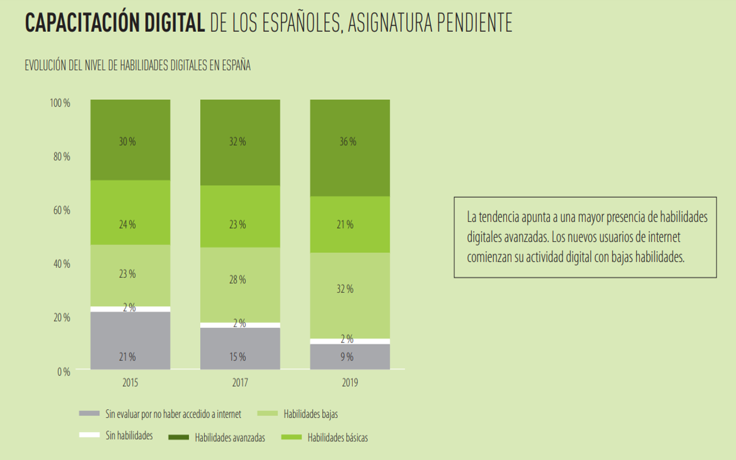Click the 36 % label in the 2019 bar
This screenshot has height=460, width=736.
point(348,142)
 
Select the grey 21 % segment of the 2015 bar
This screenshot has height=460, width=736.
point(130,340)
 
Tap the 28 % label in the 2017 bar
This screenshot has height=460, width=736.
point(238,280)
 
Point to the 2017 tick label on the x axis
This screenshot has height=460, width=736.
point(240,382)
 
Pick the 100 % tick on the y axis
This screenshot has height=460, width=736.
point(60,103)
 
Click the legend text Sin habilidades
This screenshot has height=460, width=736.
point(129,435)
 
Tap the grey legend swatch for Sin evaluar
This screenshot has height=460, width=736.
point(89,413)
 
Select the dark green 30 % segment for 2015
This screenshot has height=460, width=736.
point(130,140)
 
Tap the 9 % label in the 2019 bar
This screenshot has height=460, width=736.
point(347,357)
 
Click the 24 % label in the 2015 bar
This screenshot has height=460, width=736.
point(127,225)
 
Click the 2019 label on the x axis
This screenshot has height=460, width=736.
point(350,382)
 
